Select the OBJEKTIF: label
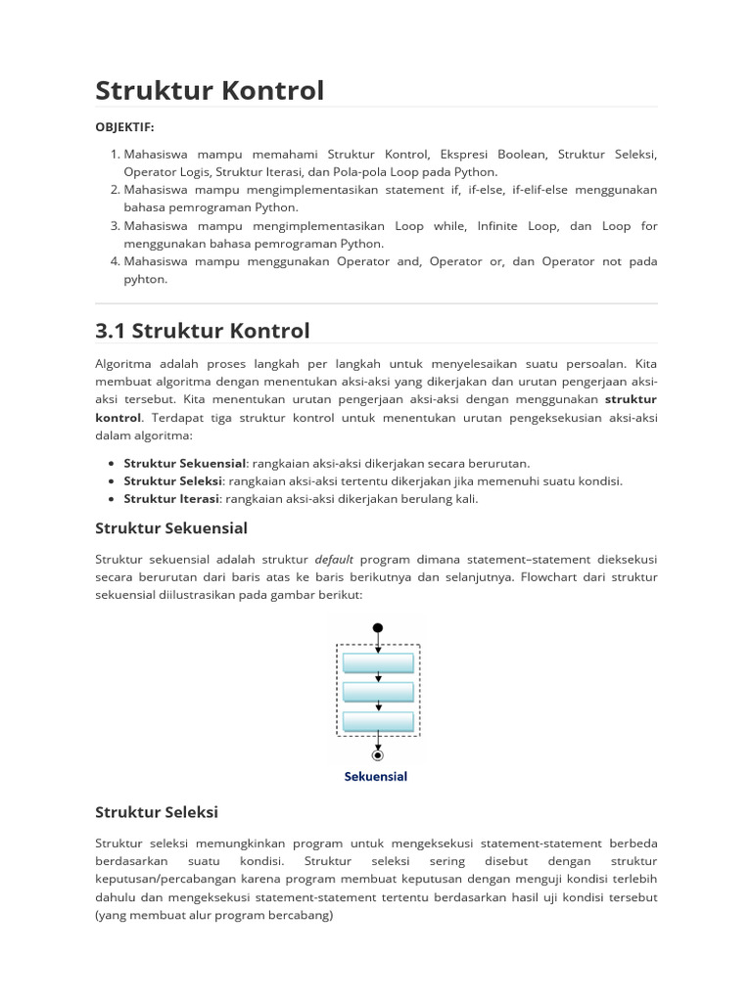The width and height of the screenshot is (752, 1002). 124,127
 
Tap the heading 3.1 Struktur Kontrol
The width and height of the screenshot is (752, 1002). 203,331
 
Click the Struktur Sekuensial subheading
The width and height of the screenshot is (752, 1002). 171,528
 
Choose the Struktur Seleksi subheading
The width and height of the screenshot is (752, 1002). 157,812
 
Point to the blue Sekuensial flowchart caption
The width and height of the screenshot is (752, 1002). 376,777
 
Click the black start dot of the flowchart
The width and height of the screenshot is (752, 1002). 378,628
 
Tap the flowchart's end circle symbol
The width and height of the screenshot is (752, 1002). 378,754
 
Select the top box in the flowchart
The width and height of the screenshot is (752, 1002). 378,663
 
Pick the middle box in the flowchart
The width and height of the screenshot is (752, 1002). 378,693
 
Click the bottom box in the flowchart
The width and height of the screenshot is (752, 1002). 378,722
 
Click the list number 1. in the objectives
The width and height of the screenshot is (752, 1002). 115,155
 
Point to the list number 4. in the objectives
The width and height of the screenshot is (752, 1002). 115,261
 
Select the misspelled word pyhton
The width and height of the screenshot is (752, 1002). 146,279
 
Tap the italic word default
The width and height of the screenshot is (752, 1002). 334,560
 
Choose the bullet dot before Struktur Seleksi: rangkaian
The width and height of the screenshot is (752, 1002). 113,481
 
